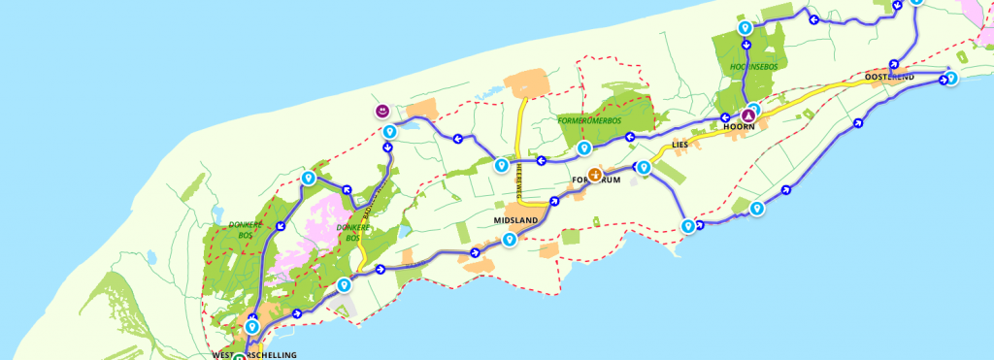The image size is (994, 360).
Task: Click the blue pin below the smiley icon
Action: [x=387, y=131]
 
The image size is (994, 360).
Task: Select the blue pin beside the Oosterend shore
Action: [x=951, y=78]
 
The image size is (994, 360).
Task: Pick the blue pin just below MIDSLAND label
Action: [x=509, y=239]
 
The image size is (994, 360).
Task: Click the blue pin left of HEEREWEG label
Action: [x=501, y=166]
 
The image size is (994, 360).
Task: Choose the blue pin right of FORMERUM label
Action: [x=643, y=169]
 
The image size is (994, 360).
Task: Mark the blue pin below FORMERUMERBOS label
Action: [x=583, y=148]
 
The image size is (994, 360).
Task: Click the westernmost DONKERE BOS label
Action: [x=241, y=230]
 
